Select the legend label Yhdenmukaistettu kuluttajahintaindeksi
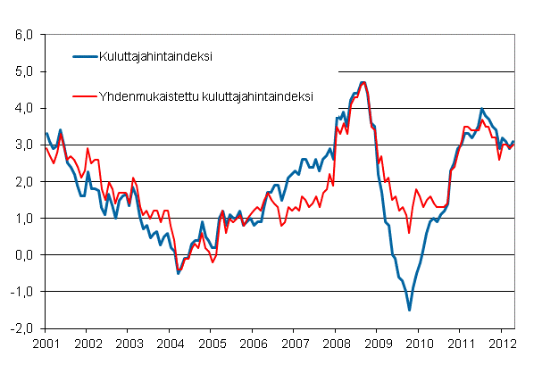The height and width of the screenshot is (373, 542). click(203, 94)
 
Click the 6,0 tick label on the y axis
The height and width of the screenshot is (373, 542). click(23, 35)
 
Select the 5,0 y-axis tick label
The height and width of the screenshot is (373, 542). click(23, 71)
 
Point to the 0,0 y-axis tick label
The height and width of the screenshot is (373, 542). click(23, 255)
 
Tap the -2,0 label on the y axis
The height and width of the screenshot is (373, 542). click(21, 328)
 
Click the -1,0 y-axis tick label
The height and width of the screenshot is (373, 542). click(21, 292)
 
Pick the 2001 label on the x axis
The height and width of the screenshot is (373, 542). click(46, 343)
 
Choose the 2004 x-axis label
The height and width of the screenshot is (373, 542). click(169, 343)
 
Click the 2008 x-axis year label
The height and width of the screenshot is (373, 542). click(336, 343)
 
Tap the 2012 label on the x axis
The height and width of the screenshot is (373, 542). click(503, 343)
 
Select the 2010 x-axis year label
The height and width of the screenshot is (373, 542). click(420, 343)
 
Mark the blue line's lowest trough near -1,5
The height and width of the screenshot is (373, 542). click(409, 310)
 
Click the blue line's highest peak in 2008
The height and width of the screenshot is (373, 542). click(363, 82)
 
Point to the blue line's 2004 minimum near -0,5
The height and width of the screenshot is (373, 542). click(179, 272)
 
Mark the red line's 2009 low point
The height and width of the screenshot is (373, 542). click(409, 233)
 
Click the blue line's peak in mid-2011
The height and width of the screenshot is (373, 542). click(482, 109)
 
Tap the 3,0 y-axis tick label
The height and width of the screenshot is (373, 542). click(23, 145)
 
